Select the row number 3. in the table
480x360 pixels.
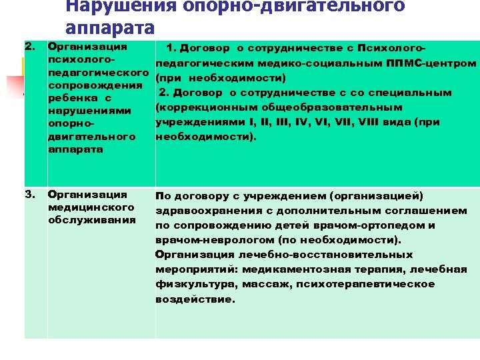point(30,195)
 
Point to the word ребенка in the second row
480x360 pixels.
point(71,99)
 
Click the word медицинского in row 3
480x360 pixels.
point(87,207)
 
